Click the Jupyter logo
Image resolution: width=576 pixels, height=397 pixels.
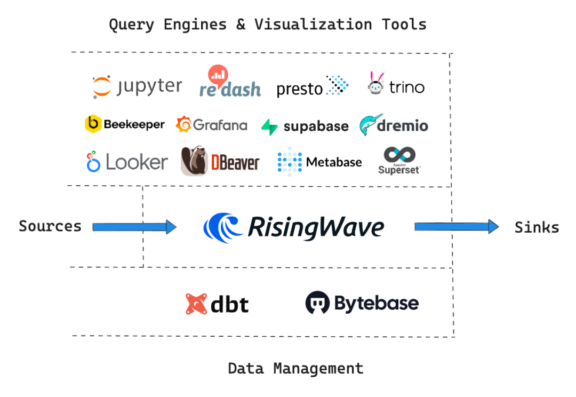[x=138, y=87]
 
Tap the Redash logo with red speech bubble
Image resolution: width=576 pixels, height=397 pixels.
[x=230, y=81]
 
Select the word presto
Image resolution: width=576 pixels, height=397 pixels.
[x=299, y=89]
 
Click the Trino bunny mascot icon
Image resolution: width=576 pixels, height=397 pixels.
[x=376, y=82]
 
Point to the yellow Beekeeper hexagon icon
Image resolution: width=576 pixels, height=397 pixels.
[x=93, y=123]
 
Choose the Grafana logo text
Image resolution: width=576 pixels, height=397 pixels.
[x=220, y=125]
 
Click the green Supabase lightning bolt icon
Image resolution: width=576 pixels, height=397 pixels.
[x=270, y=127]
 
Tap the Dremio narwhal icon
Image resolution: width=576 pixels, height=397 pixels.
[x=370, y=125]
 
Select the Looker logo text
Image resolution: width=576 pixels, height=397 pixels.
[x=137, y=162]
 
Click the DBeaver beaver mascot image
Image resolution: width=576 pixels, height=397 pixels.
[x=195, y=161]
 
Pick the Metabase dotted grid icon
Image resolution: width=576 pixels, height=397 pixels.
[x=290, y=162]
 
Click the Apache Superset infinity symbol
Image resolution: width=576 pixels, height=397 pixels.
[x=399, y=154]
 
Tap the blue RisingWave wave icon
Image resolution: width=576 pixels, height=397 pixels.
[x=223, y=227]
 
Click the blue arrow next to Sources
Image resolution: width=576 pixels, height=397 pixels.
[x=134, y=227]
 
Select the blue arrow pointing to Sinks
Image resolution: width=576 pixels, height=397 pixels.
[x=457, y=226]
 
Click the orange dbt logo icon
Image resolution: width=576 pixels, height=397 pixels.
[x=196, y=304]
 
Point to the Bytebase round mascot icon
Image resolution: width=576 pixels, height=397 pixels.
[x=317, y=303]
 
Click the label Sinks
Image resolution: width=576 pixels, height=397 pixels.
[x=537, y=227]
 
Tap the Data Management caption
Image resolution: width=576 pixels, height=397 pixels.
[x=295, y=368]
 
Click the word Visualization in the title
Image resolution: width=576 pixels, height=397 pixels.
[x=314, y=25]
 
